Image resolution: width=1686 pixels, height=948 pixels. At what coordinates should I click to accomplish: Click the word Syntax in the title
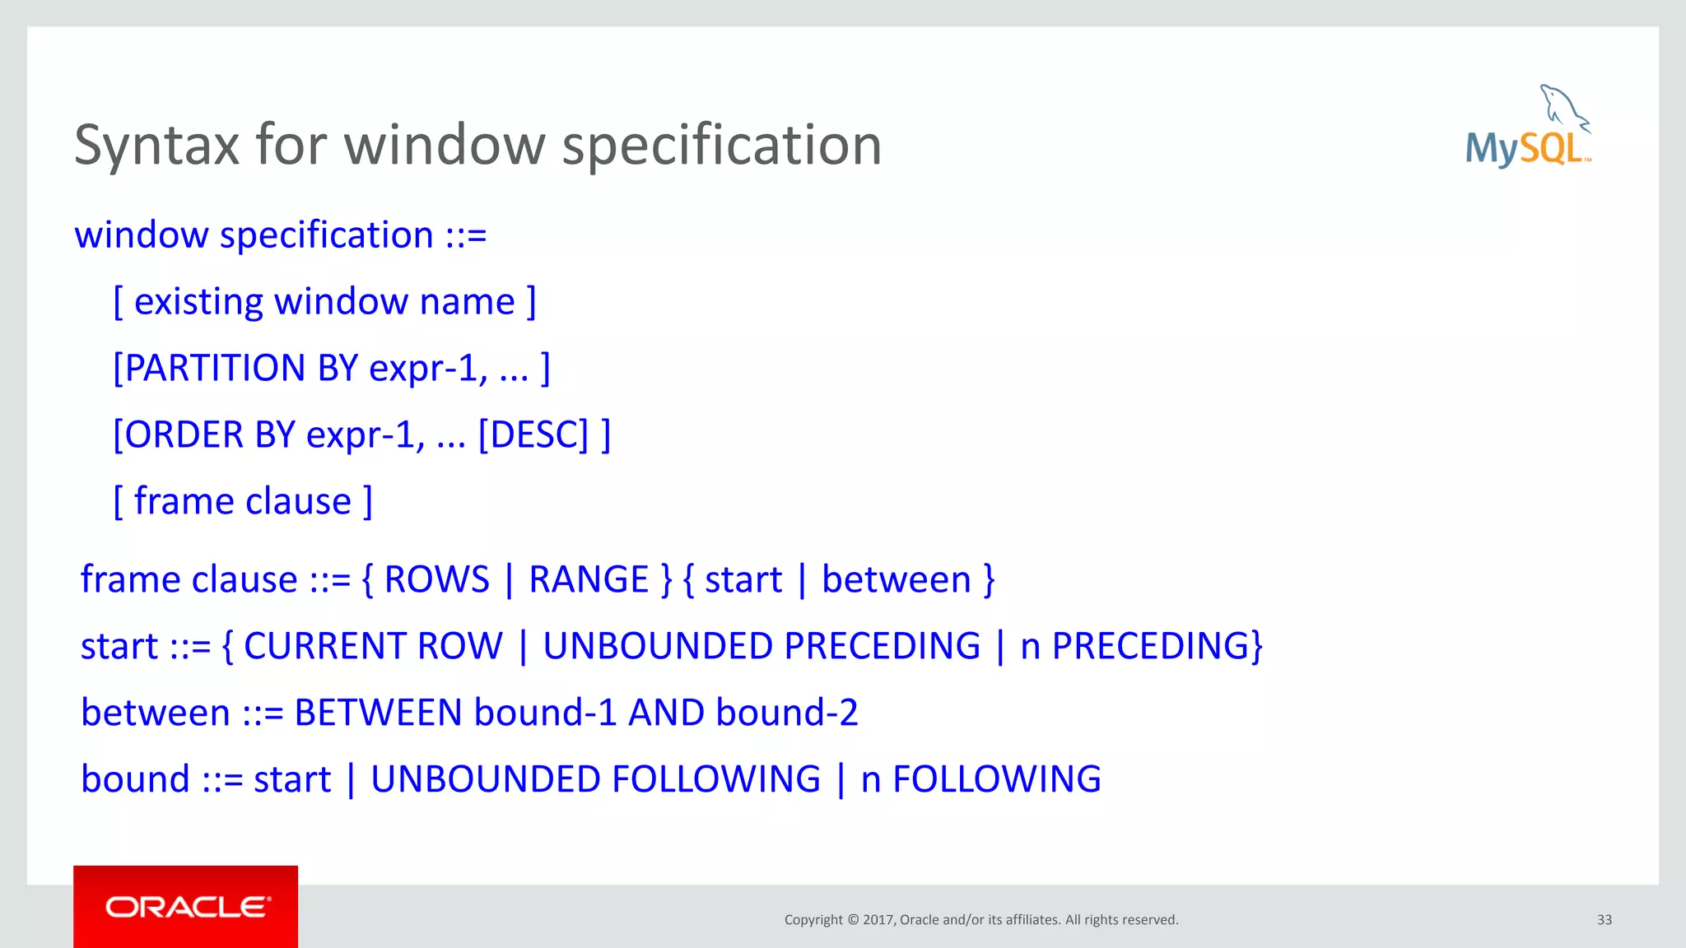[156, 146]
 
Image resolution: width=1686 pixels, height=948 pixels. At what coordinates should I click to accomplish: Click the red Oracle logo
[186, 907]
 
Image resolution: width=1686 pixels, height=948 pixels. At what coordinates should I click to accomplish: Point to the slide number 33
[1604, 920]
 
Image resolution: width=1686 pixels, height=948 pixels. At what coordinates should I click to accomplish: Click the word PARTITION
[215, 368]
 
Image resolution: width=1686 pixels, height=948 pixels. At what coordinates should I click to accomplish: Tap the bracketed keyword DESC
[533, 434]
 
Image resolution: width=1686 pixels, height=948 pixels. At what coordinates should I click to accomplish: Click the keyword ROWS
[436, 579]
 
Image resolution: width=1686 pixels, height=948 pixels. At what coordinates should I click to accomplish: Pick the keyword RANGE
[589, 579]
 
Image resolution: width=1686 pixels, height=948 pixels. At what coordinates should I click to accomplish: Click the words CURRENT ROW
[373, 646]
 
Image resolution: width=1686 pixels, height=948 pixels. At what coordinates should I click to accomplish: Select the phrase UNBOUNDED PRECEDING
[761, 646]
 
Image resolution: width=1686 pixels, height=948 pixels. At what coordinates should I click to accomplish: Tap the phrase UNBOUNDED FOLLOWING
[595, 779]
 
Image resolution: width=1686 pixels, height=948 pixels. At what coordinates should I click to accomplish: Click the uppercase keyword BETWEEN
[378, 713]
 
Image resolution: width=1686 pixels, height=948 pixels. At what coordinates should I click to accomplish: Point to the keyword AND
[666, 713]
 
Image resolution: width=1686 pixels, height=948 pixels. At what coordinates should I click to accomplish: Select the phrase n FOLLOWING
[980, 779]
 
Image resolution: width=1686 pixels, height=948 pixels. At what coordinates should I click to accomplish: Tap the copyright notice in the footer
[981, 920]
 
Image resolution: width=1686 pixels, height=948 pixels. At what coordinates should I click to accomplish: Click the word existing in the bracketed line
[198, 301]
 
